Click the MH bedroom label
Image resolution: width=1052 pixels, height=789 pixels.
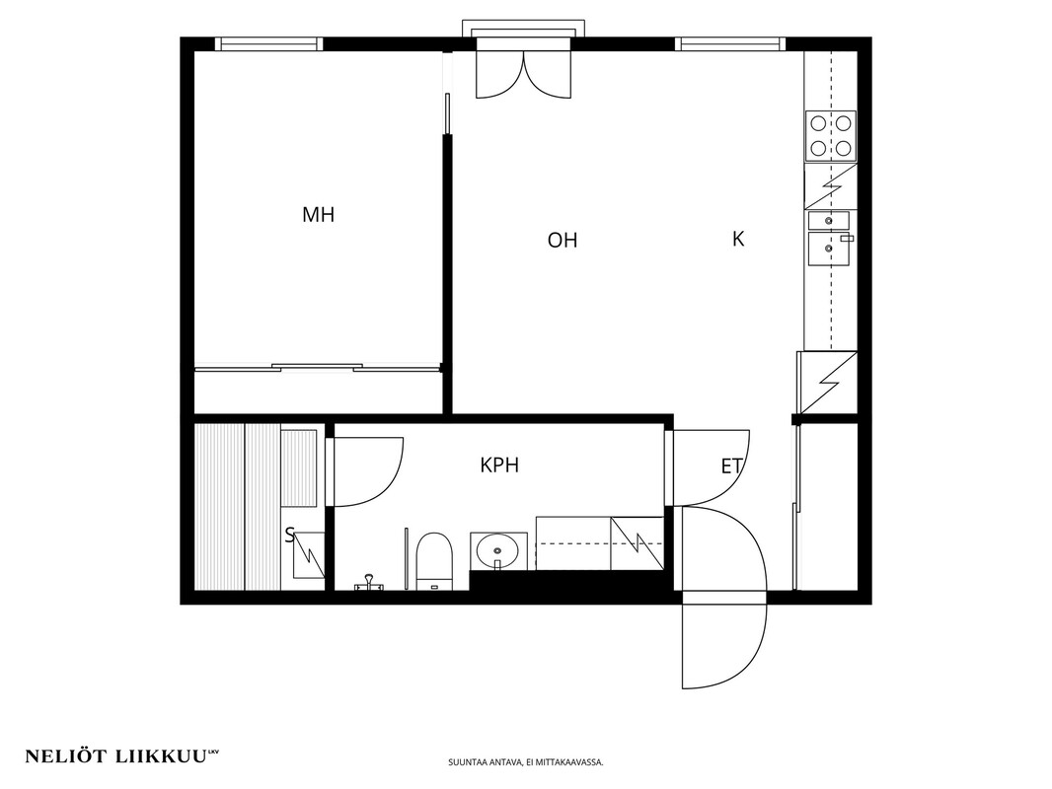click(318, 215)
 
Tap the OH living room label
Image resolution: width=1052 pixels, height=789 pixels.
click(563, 240)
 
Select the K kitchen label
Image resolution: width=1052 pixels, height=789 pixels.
click(738, 239)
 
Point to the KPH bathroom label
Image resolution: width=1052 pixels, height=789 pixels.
click(499, 466)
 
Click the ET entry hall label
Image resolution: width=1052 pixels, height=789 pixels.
click(731, 466)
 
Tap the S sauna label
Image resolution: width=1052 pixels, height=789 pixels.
click(290, 535)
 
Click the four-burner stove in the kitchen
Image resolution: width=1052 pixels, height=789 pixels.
click(831, 136)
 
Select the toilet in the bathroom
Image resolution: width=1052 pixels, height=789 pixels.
click(433, 562)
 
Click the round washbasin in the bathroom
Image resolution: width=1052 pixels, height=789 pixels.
click(497, 551)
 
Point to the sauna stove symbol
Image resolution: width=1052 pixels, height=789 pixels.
click(309, 555)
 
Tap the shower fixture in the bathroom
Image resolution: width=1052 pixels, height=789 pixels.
click(368, 585)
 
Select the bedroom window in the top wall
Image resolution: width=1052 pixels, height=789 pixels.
click(268, 43)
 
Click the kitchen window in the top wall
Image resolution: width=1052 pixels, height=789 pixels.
click(729, 43)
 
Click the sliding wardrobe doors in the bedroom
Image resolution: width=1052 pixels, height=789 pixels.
click(318, 367)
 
